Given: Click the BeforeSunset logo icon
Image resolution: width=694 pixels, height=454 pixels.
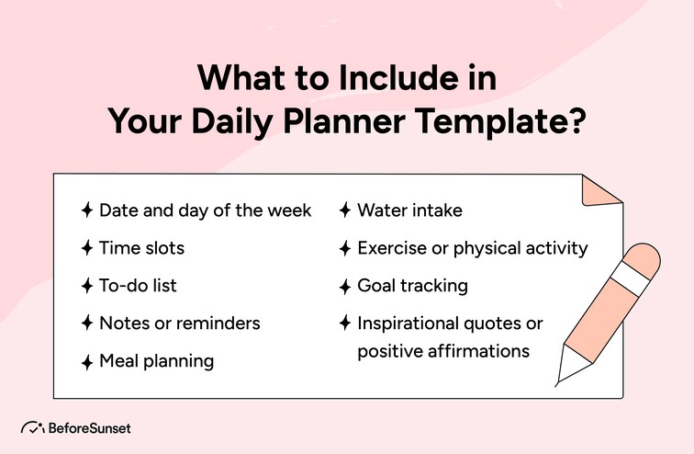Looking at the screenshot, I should (33, 428).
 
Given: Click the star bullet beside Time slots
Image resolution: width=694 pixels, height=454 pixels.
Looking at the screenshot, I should (86, 248).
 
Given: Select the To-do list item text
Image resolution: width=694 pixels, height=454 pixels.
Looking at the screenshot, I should (138, 286).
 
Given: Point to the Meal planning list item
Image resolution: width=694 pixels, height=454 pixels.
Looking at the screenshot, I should (156, 361).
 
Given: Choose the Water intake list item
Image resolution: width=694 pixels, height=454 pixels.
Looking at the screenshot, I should (409, 210).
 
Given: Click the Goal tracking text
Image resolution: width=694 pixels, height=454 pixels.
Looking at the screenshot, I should (412, 286).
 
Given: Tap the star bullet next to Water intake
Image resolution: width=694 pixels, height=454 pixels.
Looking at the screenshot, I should (345, 210).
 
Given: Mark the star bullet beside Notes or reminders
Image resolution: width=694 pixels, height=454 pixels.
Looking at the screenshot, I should (86, 323).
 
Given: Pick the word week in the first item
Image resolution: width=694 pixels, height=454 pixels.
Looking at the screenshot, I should (289, 210).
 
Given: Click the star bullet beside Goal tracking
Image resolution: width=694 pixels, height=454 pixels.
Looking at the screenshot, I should (345, 286).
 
